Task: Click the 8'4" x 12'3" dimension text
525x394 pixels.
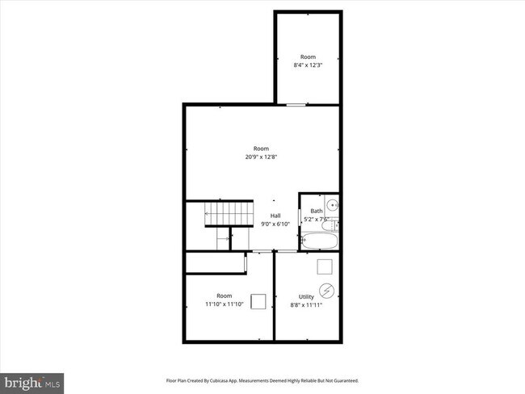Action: tap(308, 65)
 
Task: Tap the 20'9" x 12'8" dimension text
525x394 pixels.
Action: tap(261, 157)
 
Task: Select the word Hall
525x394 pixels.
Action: tap(275, 216)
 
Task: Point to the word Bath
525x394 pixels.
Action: tap(316, 212)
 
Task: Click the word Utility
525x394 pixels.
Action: tap(306, 297)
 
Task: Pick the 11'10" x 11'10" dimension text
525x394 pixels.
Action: tap(224, 304)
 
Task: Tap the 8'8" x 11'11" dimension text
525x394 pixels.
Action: tap(306, 306)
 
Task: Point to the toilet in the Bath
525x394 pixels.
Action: tap(335, 221)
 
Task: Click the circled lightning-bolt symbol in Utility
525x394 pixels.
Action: tap(327, 289)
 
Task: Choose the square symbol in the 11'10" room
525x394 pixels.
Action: tap(258, 301)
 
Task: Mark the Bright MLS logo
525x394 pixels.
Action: tap(32, 379)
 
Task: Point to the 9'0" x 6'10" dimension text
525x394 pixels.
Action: tap(275, 224)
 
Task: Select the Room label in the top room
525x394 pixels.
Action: tap(308, 57)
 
